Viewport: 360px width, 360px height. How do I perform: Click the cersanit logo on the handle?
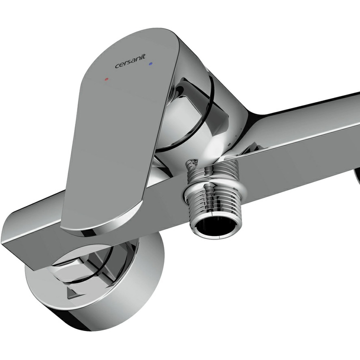pyautogui.click(x=130, y=61)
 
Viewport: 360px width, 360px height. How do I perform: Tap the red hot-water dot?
pyautogui.click(x=106, y=79)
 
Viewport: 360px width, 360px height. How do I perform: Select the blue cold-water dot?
pyautogui.click(x=150, y=63)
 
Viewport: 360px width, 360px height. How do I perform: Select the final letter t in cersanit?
pyautogui.click(x=143, y=56)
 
